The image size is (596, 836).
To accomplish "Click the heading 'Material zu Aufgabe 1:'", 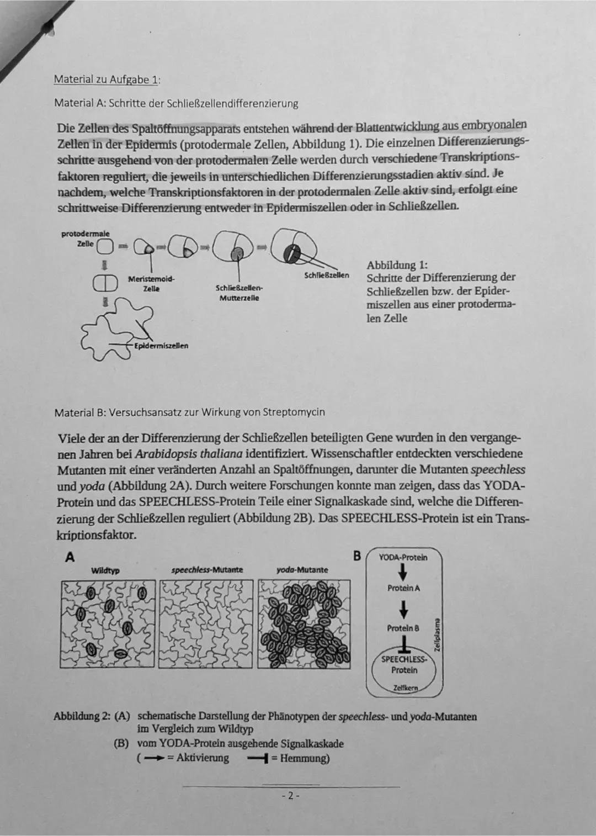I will [107, 79].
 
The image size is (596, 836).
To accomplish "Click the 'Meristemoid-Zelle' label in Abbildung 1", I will [151, 284].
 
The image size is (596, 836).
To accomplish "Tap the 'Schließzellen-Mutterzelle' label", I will [240, 293].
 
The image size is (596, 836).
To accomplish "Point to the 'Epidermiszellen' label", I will [161, 346].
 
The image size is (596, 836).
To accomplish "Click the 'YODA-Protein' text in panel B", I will [403, 557].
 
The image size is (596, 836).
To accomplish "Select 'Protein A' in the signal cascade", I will [403, 588].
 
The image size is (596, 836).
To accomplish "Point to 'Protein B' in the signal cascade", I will [403, 628].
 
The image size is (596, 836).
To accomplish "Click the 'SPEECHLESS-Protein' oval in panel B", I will [404, 665].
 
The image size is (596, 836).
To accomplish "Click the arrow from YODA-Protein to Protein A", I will [403, 572].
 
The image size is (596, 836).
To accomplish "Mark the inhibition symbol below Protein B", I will [403, 644].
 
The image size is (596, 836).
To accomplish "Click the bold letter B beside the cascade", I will [357, 556].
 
